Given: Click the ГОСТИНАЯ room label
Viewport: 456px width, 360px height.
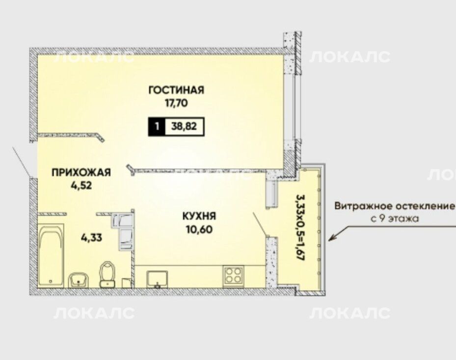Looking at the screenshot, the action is pos(176,90).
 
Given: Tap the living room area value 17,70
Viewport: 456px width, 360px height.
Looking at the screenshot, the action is pos(176,103).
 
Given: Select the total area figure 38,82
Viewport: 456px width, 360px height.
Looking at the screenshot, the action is pos(184,127).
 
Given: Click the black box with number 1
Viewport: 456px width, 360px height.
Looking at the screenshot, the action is pos(157,127).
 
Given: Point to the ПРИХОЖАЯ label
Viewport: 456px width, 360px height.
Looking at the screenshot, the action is pos(81,172).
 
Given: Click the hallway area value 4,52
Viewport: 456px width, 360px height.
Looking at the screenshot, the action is pos(81,185).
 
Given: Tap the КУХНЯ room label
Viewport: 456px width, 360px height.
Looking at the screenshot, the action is pos(199,216).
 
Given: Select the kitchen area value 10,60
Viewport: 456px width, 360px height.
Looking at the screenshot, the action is pos(199,229).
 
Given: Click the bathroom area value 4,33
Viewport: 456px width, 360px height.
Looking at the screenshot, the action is pos(91,238).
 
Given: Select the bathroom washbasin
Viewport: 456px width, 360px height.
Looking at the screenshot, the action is pos(78,280).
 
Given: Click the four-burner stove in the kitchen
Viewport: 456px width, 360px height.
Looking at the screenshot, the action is pos(233,275).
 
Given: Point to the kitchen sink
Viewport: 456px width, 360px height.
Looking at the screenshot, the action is pos(157,278).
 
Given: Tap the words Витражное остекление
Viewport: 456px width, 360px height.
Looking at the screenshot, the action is pos(394,206).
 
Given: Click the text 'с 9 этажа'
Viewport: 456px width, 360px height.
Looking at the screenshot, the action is pos(395,219).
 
